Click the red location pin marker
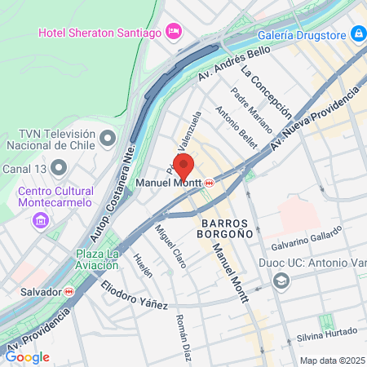183,166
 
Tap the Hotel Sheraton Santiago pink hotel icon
173,32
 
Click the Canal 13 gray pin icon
58,169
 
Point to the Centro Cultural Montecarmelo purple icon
39,220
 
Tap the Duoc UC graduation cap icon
281,281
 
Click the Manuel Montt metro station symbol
210,183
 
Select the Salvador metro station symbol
70,291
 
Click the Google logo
27,357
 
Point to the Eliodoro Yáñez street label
135,295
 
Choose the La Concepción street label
267,93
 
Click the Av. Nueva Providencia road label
314,114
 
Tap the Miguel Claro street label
170,243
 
